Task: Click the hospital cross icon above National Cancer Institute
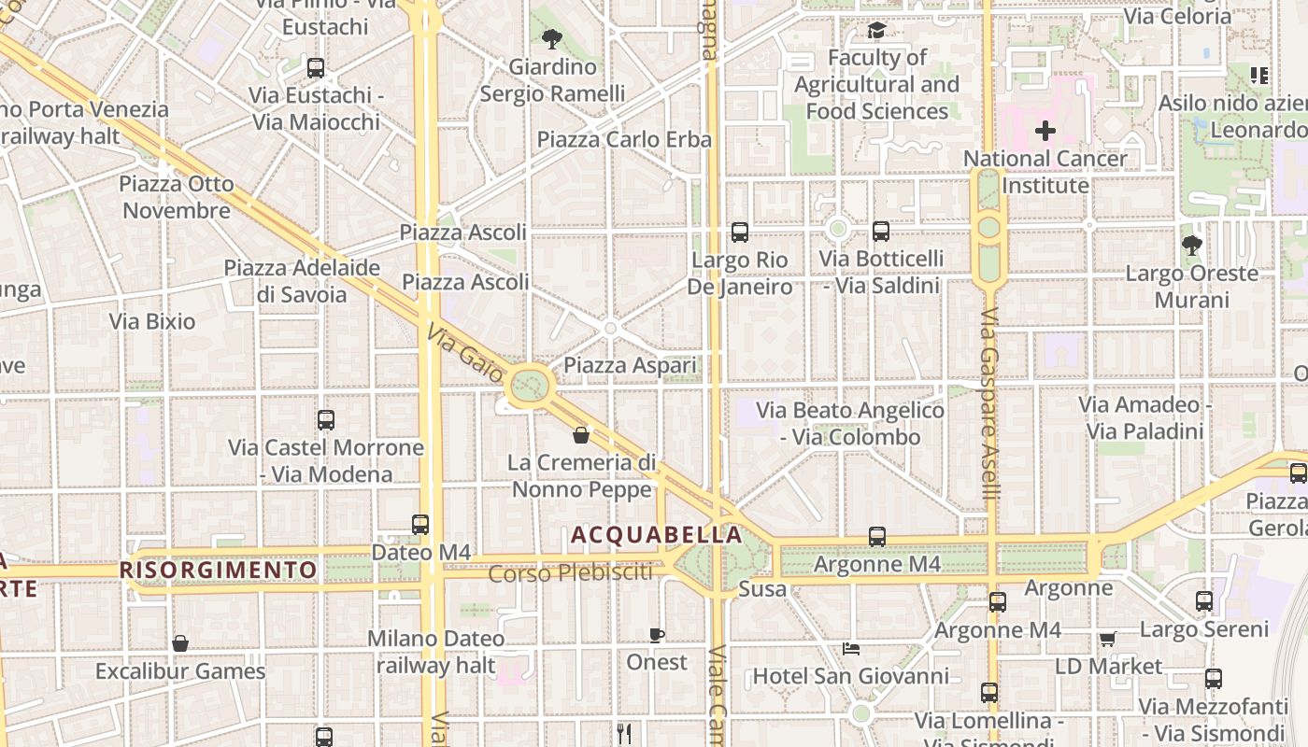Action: tap(1045, 131)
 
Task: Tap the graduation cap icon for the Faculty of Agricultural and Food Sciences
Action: tap(876, 31)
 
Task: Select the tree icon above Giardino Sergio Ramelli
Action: tap(552, 39)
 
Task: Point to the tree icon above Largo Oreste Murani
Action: tap(1191, 246)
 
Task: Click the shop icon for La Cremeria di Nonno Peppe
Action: tap(581, 435)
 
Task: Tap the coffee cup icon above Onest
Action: tap(657, 635)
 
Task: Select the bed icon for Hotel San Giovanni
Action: tap(850, 649)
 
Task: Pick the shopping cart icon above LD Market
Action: tap(1108, 639)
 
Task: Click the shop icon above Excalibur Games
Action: tap(180, 643)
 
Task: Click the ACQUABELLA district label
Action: tap(657, 535)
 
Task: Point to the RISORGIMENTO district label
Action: tap(219, 570)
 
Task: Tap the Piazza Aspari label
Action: tap(631, 365)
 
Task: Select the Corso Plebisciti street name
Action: tap(571, 573)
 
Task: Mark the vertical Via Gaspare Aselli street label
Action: tap(990, 403)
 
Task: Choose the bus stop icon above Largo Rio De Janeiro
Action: tap(740, 232)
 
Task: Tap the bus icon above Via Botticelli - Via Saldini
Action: tap(880, 232)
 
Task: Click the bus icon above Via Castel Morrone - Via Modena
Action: tap(325, 420)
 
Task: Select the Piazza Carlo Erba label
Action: tap(624, 140)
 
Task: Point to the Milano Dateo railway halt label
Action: tap(435, 652)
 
